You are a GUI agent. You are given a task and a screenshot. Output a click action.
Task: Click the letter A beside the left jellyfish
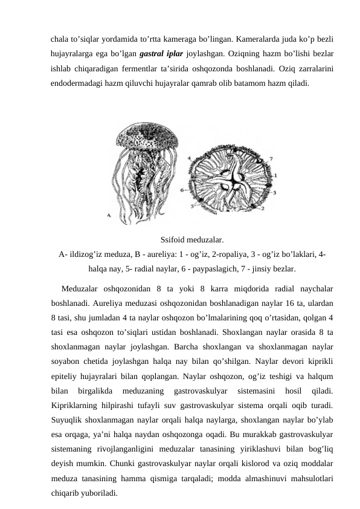click(109, 215)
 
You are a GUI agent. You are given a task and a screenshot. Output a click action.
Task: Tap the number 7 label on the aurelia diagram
click(271, 158)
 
